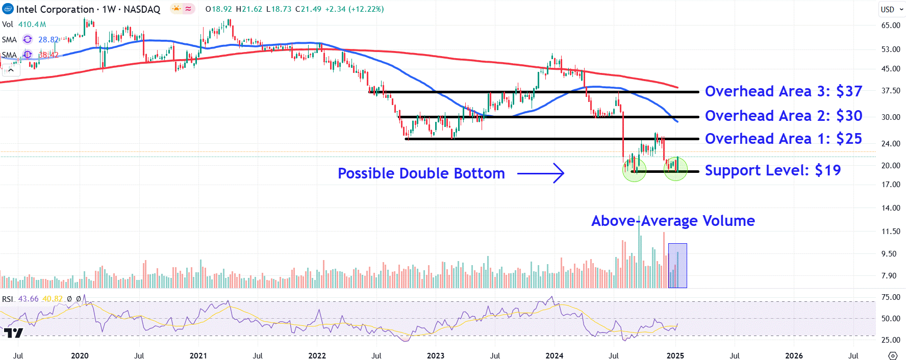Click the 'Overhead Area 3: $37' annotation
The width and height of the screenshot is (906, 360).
[783, 91]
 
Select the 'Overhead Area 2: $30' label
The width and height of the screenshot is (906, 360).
[783, 116]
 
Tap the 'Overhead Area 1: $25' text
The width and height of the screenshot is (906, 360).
[783, 139]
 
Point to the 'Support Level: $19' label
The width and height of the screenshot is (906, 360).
[772, 170]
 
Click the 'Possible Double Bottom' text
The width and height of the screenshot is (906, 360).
[421, 173]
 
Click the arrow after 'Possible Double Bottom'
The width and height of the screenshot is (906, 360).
[541, 173]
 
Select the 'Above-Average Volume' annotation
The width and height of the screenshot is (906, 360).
[673, 221]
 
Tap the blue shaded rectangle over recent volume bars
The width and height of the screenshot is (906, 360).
[677, 266]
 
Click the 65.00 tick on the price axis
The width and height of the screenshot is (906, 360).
[891, 25]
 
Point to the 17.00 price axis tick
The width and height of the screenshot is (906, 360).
[891, 185]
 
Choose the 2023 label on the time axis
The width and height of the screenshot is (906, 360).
[435, 355]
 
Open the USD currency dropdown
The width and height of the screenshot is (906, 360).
[892, 9]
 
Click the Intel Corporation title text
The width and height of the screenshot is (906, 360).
[55, 9]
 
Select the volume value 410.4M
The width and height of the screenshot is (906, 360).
[32, 24]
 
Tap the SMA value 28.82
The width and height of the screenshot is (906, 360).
[48, 40]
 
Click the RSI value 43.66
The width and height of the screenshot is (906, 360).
[28, 299]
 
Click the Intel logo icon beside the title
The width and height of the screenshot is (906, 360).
[8, 9]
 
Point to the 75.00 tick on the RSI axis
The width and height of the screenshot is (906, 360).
[891, 297]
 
